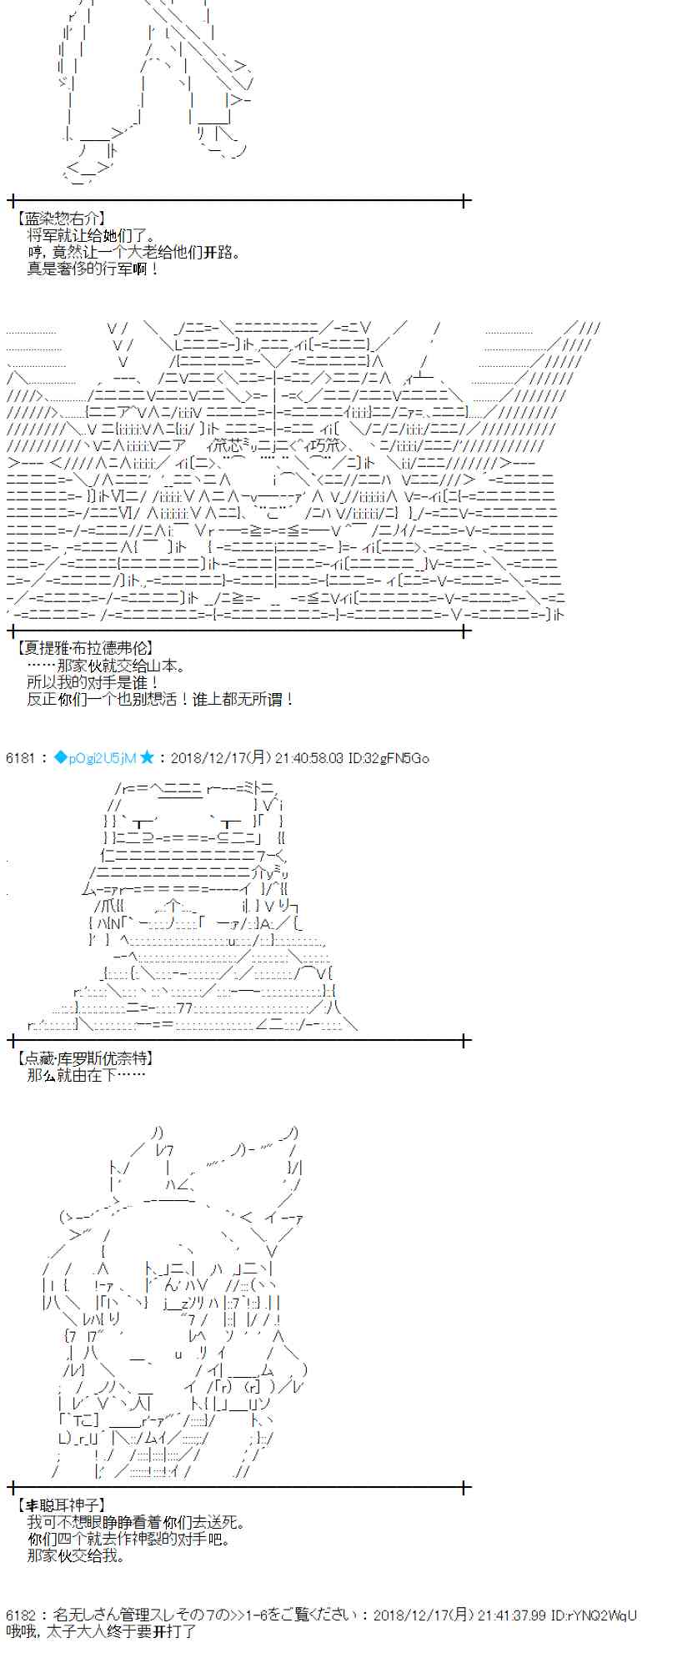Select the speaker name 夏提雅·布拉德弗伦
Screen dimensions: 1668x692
click(84, 648)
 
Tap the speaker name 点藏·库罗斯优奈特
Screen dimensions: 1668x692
click(84, 1058)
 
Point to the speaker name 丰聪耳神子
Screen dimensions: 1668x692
click(61, 1505)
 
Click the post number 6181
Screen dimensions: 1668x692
click(20, 758)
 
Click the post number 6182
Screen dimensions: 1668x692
click(20, 1615)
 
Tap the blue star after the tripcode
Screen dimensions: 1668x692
click(148, 758)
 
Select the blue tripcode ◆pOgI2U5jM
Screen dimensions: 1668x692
click(95, 758)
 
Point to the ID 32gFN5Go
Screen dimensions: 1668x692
click(398, 758)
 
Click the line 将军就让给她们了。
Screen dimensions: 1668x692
click(91, 235)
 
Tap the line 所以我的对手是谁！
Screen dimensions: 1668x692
click(93, 682)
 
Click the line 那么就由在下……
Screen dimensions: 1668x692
click(86, 1075)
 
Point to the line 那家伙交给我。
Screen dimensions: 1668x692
click(76, 1555)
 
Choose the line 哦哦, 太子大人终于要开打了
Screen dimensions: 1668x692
click(101, 1631)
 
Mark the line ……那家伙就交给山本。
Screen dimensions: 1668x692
click(106, 666)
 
